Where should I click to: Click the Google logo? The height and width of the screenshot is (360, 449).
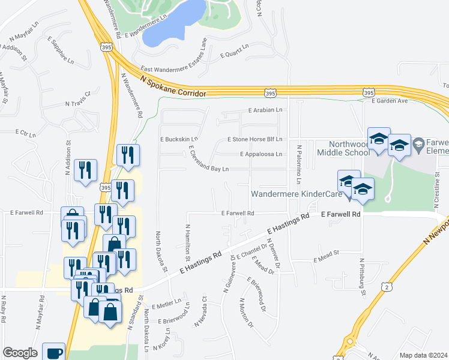(20, 353)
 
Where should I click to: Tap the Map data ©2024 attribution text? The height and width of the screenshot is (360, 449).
(424, 355)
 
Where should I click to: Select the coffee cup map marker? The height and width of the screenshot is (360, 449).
(53, 353)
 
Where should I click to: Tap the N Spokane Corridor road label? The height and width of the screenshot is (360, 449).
(173, 85)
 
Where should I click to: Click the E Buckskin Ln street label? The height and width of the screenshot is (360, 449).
(178, 139)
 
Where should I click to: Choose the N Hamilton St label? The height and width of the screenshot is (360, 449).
(187, 242)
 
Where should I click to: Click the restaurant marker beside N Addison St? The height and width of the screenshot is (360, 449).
(86, 170)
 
